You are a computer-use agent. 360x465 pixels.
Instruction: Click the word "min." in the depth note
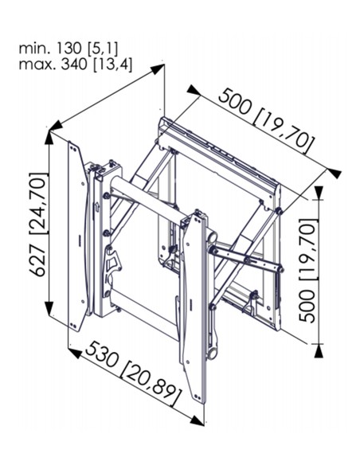pos(33,49)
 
